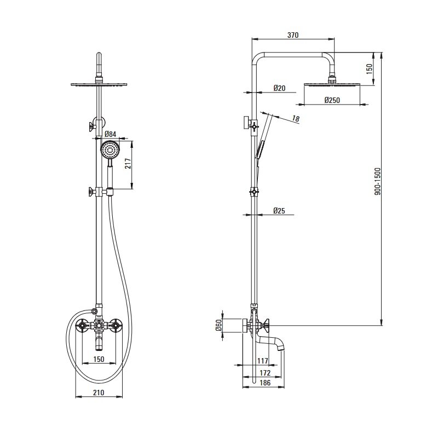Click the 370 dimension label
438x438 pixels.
[x=293, y=35]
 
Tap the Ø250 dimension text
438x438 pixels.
[x=332, y=100]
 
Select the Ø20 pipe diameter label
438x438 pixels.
[x=279, y=88]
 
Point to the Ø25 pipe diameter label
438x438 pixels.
[x=279, y=211]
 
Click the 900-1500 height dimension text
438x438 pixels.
[x=377, y=181]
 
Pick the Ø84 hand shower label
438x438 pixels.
[x=111, y=134]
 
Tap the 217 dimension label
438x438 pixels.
[x=128, y=163]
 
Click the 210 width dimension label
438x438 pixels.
[x=99, y=393]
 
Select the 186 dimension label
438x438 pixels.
[x=265, y=383]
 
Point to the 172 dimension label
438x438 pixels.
[x=265, y=373]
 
